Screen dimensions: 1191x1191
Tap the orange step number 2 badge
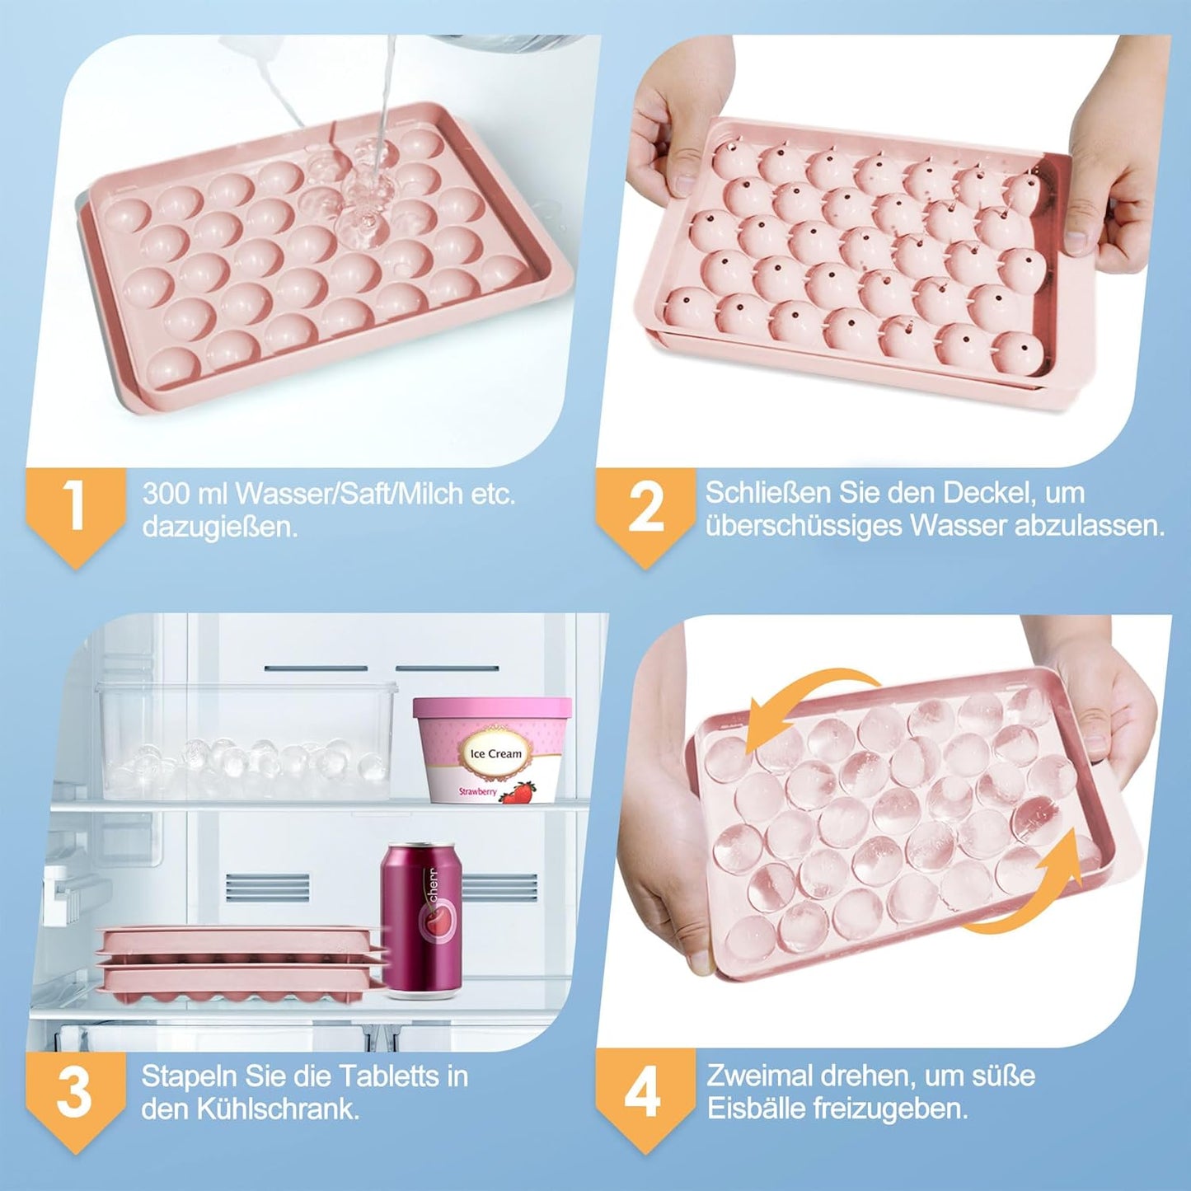645,506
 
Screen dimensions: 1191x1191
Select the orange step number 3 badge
74,1091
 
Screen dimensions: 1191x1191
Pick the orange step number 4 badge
643,1091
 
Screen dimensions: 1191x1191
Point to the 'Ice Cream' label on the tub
495,753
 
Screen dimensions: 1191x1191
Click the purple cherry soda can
421,919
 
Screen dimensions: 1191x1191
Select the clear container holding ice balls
246,740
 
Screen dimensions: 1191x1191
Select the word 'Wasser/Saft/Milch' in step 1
349,494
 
